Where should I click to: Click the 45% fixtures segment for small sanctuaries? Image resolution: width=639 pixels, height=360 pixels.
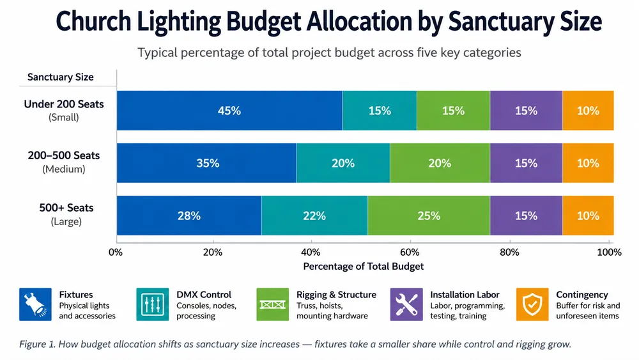229,111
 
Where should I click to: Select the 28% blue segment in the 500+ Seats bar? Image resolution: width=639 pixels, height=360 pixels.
189,215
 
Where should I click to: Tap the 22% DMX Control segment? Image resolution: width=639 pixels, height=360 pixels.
314,215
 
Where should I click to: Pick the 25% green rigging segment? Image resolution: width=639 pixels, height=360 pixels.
429,215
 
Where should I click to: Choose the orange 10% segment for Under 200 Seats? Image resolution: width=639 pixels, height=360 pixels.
588,111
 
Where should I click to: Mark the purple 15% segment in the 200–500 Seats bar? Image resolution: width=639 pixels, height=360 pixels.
526,163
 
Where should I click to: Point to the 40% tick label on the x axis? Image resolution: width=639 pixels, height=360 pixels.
311,253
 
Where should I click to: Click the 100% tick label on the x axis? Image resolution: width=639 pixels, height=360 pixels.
609,253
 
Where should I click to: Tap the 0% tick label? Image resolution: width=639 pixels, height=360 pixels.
115,253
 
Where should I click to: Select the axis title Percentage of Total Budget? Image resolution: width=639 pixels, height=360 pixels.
363,267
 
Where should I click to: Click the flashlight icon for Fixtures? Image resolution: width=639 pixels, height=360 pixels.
35,304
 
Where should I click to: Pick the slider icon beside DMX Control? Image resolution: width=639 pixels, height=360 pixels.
153,304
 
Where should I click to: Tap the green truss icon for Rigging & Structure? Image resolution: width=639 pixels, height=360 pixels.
273,304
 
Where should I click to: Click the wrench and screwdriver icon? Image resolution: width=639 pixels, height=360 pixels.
406,304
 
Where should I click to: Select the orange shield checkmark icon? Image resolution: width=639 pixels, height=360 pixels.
532,304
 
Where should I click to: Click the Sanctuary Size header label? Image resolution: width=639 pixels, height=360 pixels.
60,77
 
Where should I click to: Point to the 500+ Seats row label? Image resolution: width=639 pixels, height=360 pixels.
66,208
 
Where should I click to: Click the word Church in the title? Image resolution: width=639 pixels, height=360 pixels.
94,21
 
